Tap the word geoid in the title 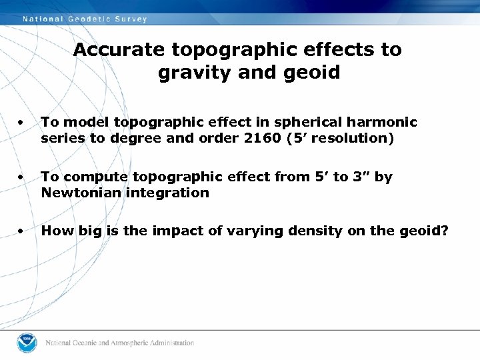pos(313,73)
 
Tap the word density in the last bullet pos(290,231)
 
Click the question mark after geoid pos(444,231)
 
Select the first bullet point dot pos(23,123)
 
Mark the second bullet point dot pos(23,178)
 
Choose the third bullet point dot pos(23,232)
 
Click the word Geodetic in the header pos(92,19)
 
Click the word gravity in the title pos(189,73)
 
